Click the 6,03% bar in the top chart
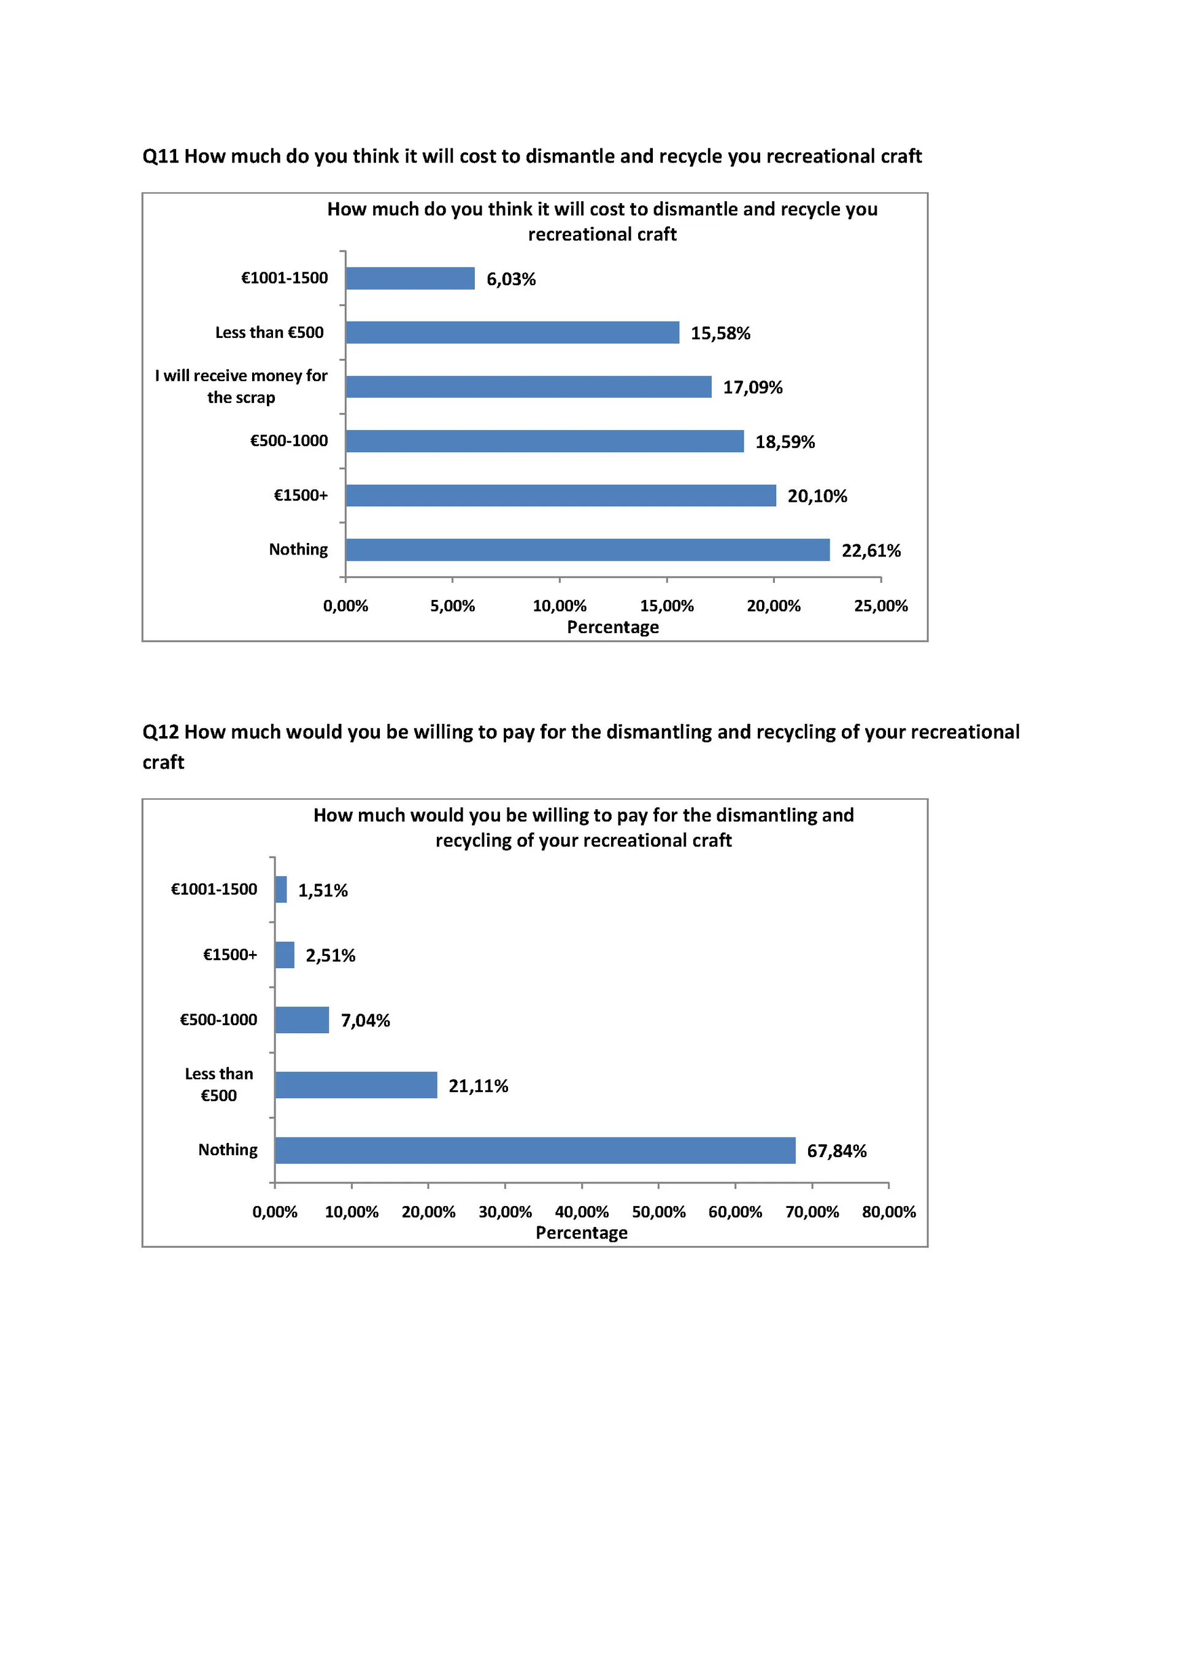tap(410, 279)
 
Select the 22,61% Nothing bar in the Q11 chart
tap(588, 550)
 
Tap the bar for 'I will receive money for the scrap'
tap(529, 386)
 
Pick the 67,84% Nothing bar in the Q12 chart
tap(536, 1150)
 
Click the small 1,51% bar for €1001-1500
tap(282, 889)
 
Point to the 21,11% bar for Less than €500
tap(356, 1085)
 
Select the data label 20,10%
tap(817, 496)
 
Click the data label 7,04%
tap(366, 1020)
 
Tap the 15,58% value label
tap(720, 333)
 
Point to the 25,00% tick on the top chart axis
tap(880, 606)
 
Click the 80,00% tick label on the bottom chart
tap(888, 1212)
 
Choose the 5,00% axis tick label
tap(453, 606)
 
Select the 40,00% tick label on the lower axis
tap(582, 1212)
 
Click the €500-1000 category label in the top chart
tap(289, 441)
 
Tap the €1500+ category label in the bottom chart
tap(230, 955)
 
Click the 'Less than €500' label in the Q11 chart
tap(269, 332)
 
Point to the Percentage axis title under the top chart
tap(613, 627)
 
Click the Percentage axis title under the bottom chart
tap(582, 1232)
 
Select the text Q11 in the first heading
tap(160, 156)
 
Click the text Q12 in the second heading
tap(160, 733)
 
